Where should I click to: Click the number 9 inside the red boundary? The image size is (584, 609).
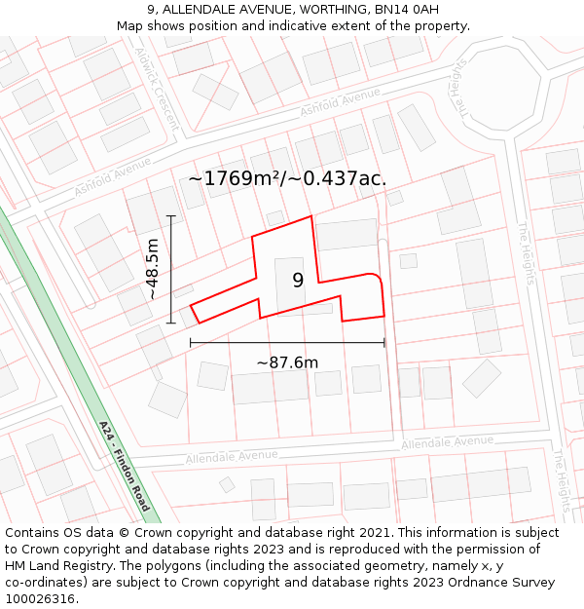(x=298, y=281)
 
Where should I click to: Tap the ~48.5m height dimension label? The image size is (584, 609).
(x=153, y=270)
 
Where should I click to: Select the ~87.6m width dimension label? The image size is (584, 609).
(x=287, y=362)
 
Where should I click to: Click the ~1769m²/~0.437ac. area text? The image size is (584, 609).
(x=287, y=178)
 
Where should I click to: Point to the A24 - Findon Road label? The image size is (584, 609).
(x=125, y=466)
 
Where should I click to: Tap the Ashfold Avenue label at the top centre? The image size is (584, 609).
(x=340, y=101)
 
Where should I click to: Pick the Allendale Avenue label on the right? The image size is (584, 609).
(x=447, y=442)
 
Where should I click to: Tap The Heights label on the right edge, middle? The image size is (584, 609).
(x=527, y=251)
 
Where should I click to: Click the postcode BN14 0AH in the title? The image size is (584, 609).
(x=399, y=10)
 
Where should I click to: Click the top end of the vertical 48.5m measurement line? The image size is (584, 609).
(x=171, y=215)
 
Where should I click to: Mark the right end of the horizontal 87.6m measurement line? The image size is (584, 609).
(x=384, y=342)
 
